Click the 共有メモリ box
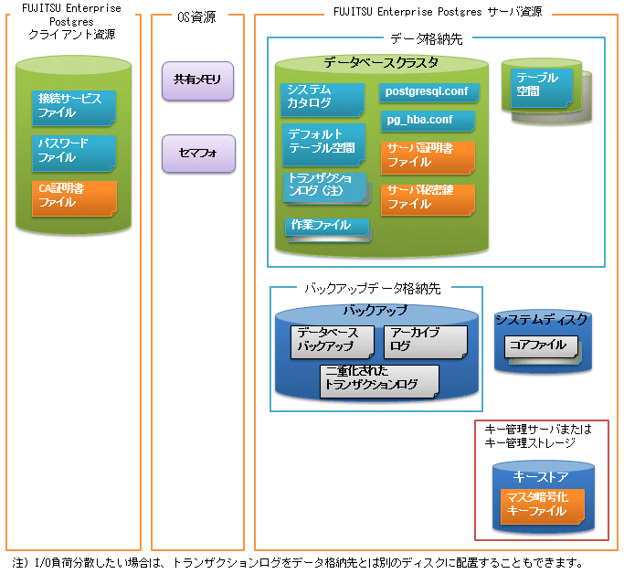coord(197,80)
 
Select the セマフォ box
coord(198,154)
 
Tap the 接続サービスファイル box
coord(74,108)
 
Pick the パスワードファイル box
coord(74,154)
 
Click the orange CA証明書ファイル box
coord(74,198)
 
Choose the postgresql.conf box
coord(429,92)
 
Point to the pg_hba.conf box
coord(428,121)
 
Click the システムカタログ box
coord(323,100)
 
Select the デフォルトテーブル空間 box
coord(324,144)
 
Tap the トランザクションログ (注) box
coord(326,188)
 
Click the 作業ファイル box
coord(328,229)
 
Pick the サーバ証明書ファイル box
coord(428,158)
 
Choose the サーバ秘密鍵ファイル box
coord(428,200)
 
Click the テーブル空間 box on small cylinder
coord(542,88)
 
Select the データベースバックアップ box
coord(333,343)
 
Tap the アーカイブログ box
coord(426,343)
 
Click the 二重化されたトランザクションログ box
coord(380,381)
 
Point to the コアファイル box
coord(542,347)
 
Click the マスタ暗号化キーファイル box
coord(543,506)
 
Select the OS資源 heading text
coord(196,17)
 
